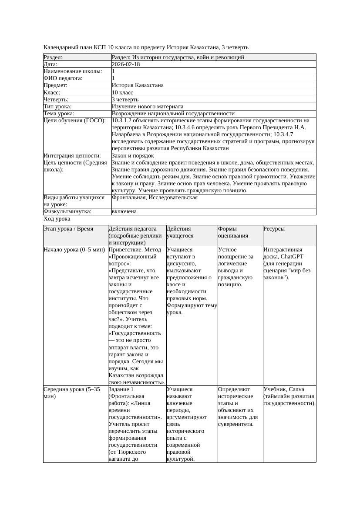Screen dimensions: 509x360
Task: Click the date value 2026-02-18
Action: click(x=126, y=64)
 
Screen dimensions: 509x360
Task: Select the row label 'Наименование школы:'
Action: click(x=73, y=71)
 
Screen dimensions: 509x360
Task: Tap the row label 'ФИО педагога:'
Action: click(x=63, y=78)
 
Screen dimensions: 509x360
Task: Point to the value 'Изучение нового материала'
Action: click(x=148, y=107)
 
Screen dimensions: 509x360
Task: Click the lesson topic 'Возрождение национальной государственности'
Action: click(x=173, y=114)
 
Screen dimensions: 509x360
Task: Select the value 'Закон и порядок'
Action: click(x=133, y=156)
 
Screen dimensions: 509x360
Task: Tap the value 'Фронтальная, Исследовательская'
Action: click(x=155, y=198)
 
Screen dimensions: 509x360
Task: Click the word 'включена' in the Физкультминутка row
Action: click(x=124, y=211)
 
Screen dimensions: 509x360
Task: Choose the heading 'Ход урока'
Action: click(x=57, y=219)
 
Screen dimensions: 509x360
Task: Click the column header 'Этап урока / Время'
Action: click(x=68, y=229)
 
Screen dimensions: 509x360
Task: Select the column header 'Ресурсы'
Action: click(x=274, y=229)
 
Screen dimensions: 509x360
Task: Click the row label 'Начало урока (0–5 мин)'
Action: click(x=74, y=250)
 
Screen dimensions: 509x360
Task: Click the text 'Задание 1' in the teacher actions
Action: click(x=121, y=389)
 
